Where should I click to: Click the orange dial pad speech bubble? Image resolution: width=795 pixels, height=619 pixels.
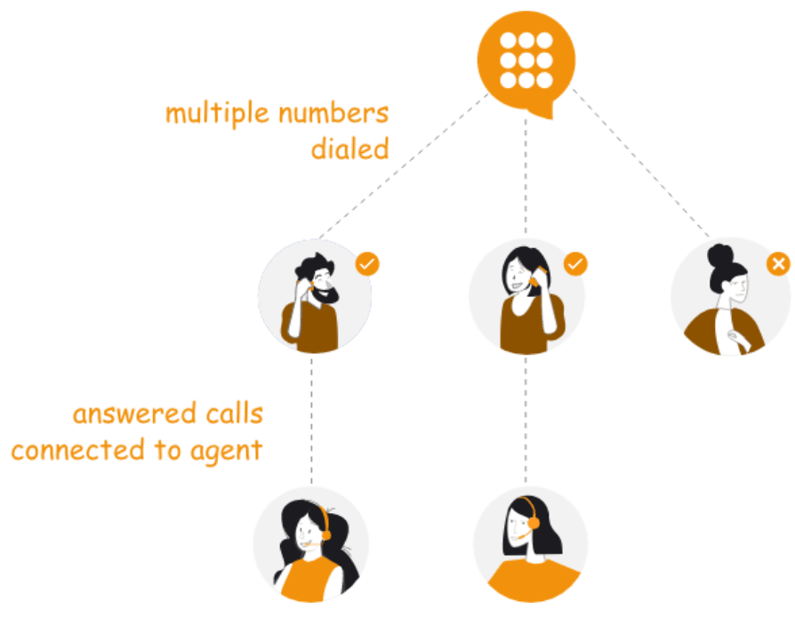tap(526, 60)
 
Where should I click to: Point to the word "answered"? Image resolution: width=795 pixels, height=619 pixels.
tap(133, 415)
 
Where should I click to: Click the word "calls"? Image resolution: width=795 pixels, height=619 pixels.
tap(233, 414)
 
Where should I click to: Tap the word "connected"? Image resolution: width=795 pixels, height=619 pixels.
tap(79, 451)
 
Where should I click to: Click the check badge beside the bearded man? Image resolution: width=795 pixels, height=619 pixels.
tap(367, 264)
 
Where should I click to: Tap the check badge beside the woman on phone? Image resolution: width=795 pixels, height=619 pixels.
tap(576, 264)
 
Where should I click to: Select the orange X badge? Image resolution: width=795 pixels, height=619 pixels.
tap(778, 264)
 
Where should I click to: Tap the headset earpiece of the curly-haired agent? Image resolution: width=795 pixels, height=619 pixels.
tap(325, 535)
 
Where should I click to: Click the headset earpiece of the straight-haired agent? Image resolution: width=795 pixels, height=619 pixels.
tap(533, 523)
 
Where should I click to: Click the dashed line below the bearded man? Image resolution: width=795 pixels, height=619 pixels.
tap(311, 418)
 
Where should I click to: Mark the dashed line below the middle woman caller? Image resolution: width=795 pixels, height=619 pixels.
tap(526, 418)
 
